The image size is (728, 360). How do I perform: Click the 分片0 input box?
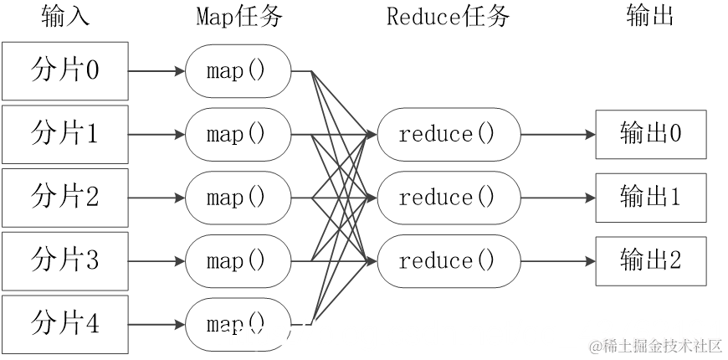click(64, 70)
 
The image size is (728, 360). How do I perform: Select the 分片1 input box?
click(64, 134)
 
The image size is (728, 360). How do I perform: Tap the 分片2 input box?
click(64, 198)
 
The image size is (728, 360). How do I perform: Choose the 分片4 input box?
click(64, 324)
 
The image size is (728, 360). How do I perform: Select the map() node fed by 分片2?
click(238, 198)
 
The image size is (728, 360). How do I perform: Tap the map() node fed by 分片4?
click(238, 325)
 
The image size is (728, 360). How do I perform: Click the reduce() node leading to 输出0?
click(448, 134)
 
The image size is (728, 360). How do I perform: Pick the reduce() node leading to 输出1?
click(448, 198)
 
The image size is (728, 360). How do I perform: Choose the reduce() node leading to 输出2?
click(448, 261)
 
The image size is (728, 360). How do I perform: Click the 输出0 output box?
click(651, 134)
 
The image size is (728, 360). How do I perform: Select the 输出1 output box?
click(651, 198)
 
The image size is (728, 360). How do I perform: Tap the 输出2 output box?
click(651, 261)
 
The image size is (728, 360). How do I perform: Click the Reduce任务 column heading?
click(448, 17)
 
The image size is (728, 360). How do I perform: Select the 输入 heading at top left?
click(64, 17)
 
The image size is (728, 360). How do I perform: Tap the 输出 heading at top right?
click(650, 17)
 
